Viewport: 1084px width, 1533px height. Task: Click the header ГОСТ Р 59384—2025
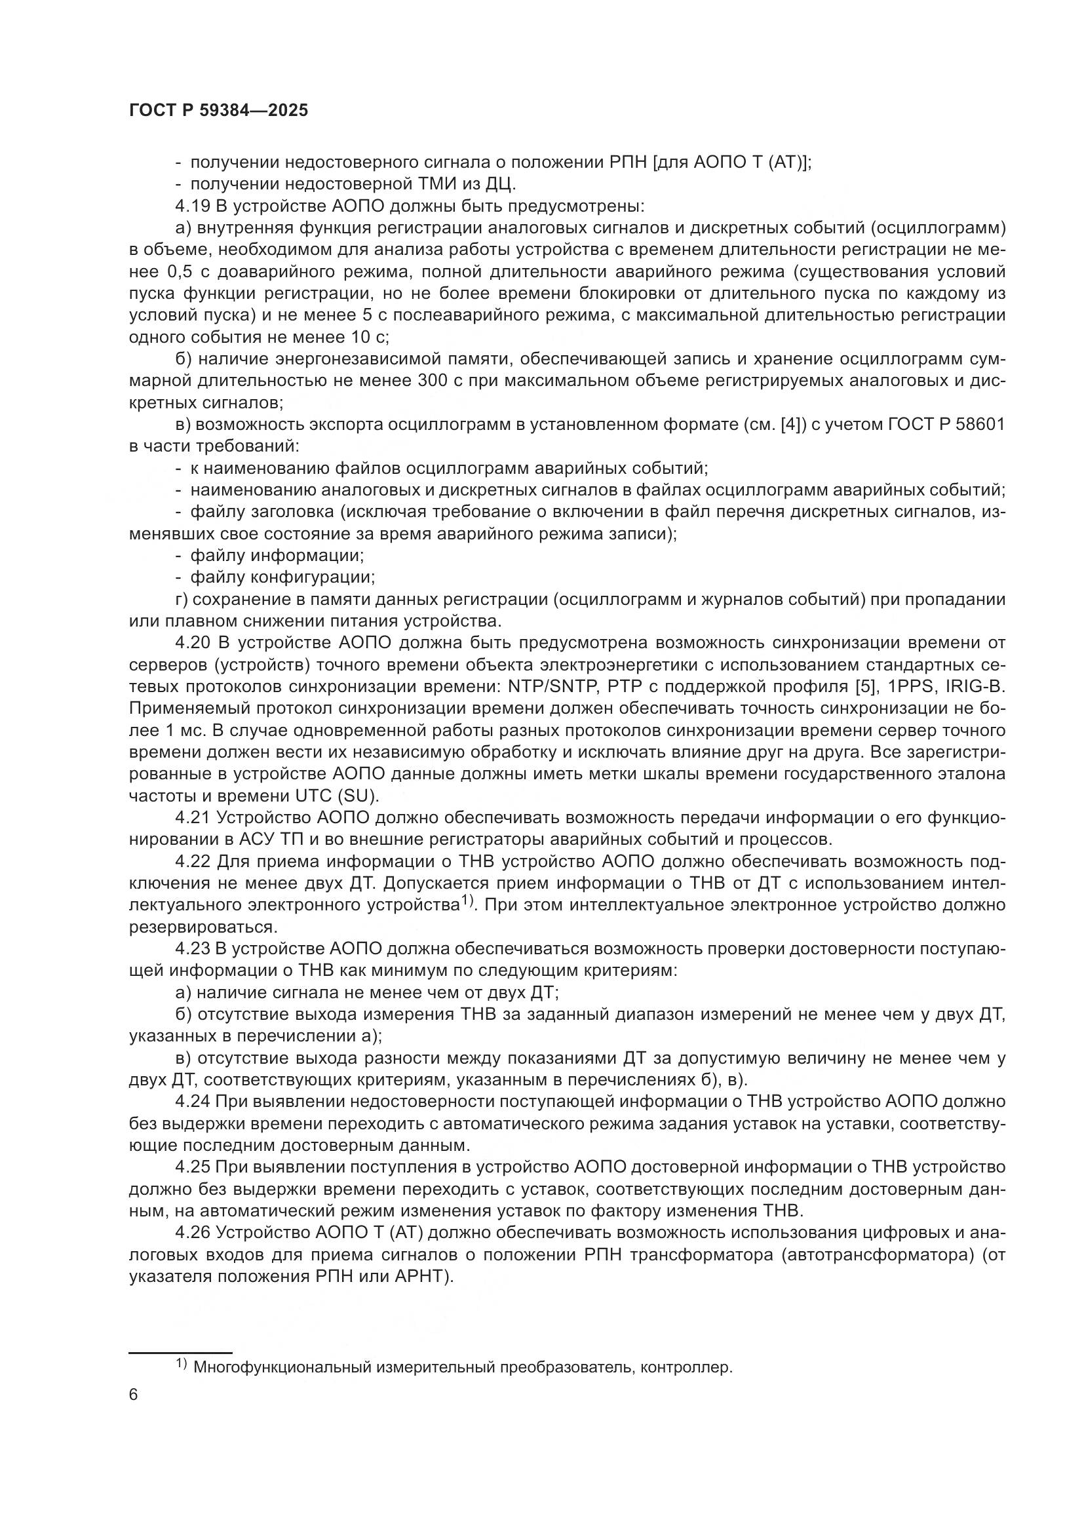coord(218,111)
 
